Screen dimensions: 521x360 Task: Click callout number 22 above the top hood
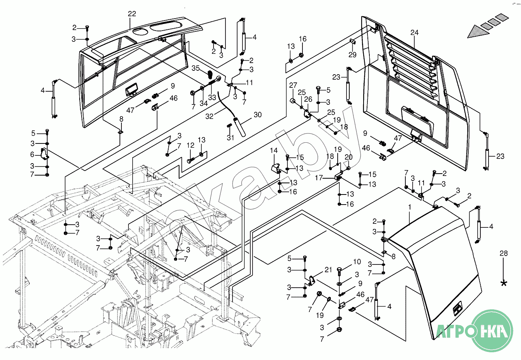click(x=132, y=14)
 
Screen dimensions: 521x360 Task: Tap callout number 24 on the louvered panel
click(x=414, y=32)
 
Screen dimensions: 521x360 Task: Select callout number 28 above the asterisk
click(x=504, y=253)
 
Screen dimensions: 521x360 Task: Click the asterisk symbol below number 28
click(x=504, y=283)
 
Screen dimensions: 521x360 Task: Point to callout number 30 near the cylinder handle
click(x=258, y=115)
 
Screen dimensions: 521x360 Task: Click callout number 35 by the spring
click(x=196, y=68)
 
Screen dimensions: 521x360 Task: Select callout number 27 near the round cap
click(x=293, y=85)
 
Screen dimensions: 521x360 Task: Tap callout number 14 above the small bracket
click(x=274, y=150)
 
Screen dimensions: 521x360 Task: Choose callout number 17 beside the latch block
click(x=319, y=178)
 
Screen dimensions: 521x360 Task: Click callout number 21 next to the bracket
click(x=328, y=270)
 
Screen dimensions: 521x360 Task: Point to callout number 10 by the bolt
click(x=357, y=262)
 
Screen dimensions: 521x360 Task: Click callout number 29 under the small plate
click(x=352, y=55)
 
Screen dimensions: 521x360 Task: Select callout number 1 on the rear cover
click(x=410, y=207)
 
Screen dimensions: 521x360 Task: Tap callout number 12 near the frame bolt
click(x=190, y=145)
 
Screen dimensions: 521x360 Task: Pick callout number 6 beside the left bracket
click(x=32, y=154)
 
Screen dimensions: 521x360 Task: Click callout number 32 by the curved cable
click(x=209, y=116)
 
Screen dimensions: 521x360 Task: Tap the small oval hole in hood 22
click(x=139, y=32)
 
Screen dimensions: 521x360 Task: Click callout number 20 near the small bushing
click(x=348, y=157)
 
